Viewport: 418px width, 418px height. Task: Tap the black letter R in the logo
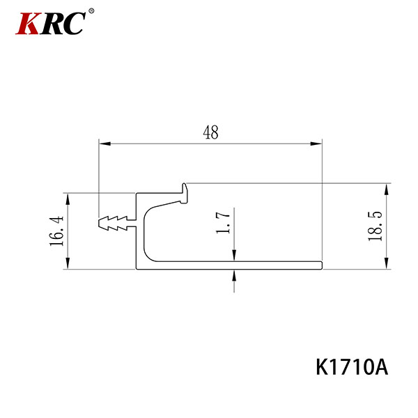coord(51,24)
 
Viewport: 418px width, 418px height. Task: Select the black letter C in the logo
coord(74,23)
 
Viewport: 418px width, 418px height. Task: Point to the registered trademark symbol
coord(91,11)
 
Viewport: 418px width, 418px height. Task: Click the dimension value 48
coord(210,132)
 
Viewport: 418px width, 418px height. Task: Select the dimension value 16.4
coord(57,231)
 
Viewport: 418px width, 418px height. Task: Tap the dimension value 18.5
coord(375,226)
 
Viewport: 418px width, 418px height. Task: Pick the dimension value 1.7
coord(223,223)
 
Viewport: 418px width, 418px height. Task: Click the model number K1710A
coord(352,367)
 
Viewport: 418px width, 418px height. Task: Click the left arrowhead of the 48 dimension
coord(104,144)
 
